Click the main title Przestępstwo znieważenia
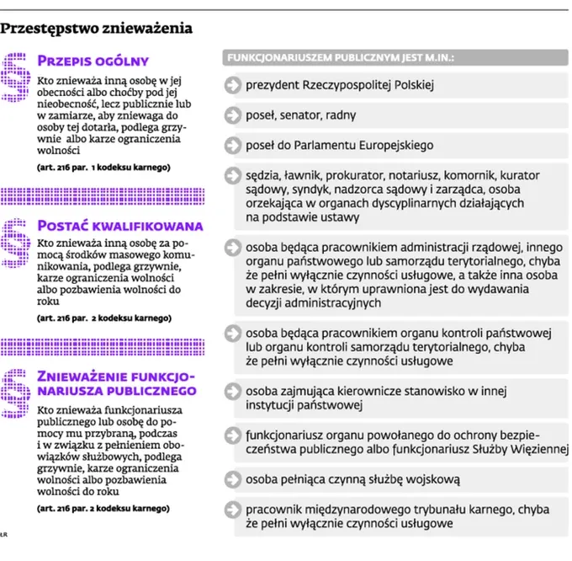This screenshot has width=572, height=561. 97,29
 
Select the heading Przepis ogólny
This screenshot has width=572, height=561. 93,61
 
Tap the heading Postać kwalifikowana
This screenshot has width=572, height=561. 120,225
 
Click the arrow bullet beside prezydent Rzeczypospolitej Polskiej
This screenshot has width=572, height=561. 233,85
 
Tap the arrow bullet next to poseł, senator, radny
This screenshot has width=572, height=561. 233,115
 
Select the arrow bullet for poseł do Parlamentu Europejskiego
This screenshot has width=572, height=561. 233,145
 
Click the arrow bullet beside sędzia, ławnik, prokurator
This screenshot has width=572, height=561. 233,175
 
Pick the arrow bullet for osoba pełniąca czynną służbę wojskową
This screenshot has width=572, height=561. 233,478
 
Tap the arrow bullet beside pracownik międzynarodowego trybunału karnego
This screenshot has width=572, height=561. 233,509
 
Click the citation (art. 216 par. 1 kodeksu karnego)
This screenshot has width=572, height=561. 103,168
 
